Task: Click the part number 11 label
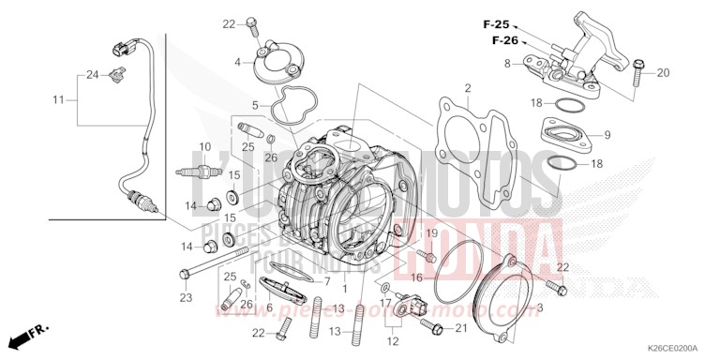(57, 99)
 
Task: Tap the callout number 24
(92, 74)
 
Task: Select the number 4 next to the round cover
(237, 63)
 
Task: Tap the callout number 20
(663, 72)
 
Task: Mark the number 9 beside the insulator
(607, 136)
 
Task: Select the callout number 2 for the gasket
(466, 89)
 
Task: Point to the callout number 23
(186, 298)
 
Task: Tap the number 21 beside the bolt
(460, 327)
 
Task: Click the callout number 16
(415, 278)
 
